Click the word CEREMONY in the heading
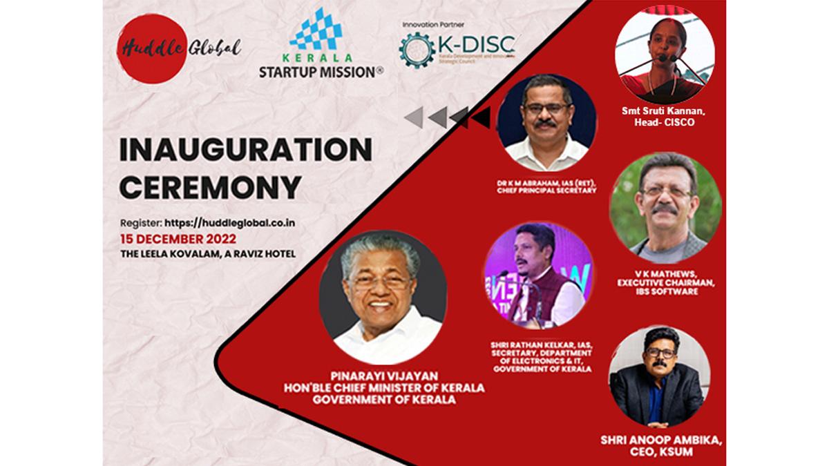coord(211,186)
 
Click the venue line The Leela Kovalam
coord(208,253)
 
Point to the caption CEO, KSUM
coord(661,452)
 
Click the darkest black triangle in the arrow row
coord(481,117)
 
